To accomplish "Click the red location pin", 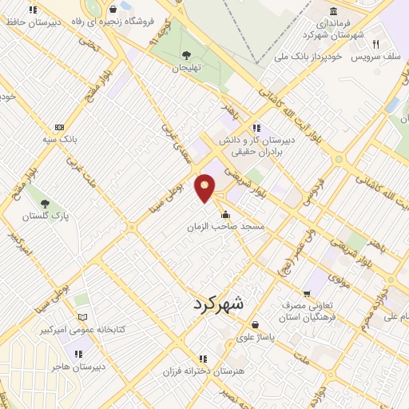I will pyautogui.click(x=206, y=187).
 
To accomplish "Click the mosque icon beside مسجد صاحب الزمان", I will pyautogui.click(x=228, y=214).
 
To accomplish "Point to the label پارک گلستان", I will pyautogui.click(x=45, y=216).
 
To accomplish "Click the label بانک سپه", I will pyautogui.click(x=61, y=138).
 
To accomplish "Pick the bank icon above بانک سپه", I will pyautogui.click(x=59, y=127).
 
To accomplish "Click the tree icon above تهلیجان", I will pyautogui.click(x=186, y=55).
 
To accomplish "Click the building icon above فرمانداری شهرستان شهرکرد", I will pyautogui.click(x=333, y=11).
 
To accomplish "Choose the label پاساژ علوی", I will pyautogui.click(x=255, y=337).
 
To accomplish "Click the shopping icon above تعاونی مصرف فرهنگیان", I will pyautogui.click(x=308, y=293).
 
